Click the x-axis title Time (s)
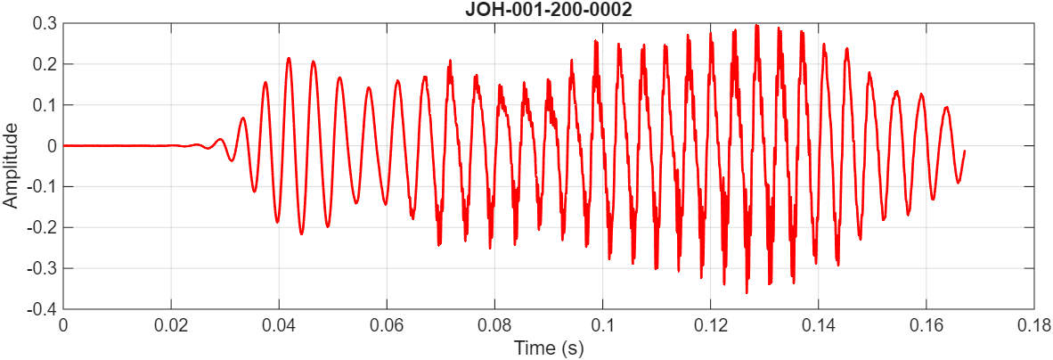[548, 348]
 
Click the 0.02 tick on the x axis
[171, 325]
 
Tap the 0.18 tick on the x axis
[1033, 325]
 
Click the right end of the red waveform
[964, 152]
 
